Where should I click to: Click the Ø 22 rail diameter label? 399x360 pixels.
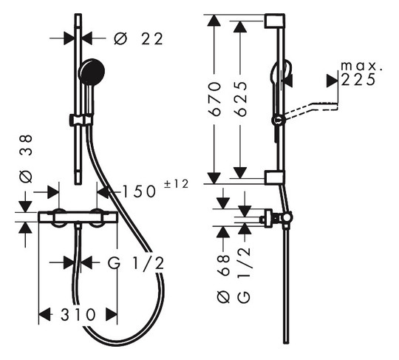[x=138, y=39]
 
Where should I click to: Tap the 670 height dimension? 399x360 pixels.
[x=214, y=99]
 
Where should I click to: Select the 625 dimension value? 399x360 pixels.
[x=240, y=99]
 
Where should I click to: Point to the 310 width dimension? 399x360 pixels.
[x=78, y=315]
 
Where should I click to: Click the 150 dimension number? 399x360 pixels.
[x=139, y=191]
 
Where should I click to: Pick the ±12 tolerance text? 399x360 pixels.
[x=176, y=184]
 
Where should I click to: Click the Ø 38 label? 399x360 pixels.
[x=26, y=158]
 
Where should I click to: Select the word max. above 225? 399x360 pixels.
[x=361, y=66]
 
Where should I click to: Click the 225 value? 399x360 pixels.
[x=358, y=79]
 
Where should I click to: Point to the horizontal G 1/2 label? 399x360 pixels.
[x=136, y=263]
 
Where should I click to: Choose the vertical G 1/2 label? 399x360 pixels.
[x=245, y=275]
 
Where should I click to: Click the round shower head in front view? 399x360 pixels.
[x=92, y=72]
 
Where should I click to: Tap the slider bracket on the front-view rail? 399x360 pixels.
[x=80, y=120]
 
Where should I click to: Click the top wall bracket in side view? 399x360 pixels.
[x=274, y=21]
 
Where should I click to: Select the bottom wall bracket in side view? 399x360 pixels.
[x=274, y=177]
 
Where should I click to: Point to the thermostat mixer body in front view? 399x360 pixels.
[x=78, y=217]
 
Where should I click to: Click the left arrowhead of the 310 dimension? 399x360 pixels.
[x=44, y=315]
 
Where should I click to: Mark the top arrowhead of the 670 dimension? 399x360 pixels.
[x=214, y=20]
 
